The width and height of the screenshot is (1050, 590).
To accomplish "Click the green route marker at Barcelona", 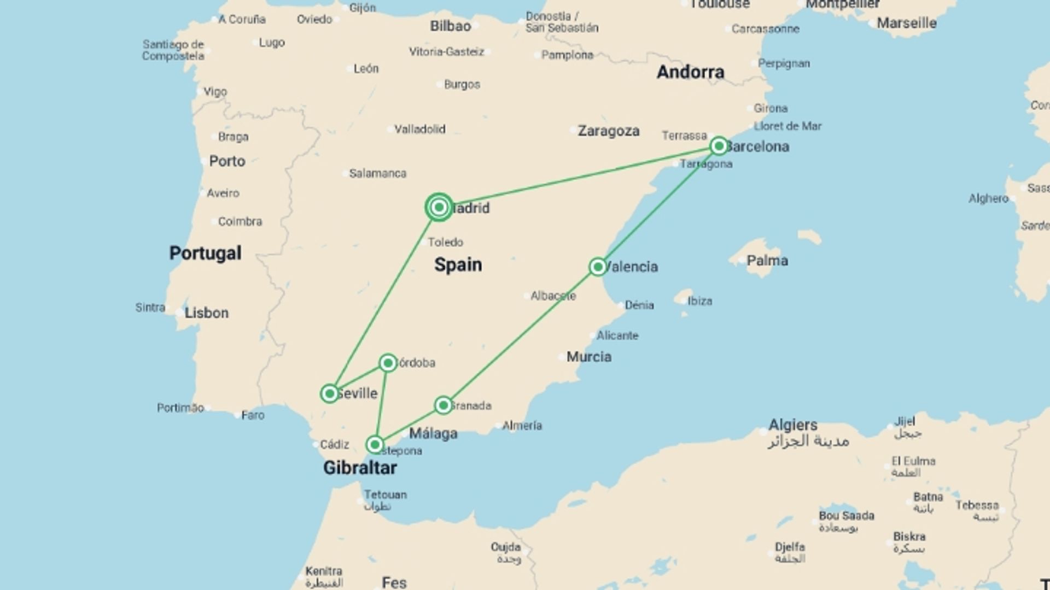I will point(719,146).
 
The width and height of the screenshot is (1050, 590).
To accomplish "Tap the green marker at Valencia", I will point(598,267).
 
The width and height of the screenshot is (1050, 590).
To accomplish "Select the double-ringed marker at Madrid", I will point(439,207).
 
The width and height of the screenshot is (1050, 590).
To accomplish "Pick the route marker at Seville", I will point(329,393).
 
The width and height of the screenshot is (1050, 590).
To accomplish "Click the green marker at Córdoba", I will point(388,363).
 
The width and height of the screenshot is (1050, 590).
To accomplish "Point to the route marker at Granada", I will point(443,405).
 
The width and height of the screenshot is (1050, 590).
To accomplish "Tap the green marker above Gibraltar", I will point(375,444).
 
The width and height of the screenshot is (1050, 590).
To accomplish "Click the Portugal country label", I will point(205,253).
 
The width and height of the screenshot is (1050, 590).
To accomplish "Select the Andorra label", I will point(690,72).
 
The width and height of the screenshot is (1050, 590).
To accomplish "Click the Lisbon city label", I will point(206,313).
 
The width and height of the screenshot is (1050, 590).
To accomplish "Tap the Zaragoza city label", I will point(609,131).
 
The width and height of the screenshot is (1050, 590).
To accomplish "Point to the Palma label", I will point(767,261).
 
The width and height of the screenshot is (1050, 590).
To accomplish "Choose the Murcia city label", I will point(588,357).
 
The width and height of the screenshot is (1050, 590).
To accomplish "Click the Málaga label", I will point(433,434).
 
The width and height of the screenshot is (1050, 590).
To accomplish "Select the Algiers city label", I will point(793,424).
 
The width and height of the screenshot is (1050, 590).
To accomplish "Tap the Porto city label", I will point(227,161).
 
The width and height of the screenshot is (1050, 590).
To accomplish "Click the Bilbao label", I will point(450,26).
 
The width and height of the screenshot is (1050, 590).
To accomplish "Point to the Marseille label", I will point(906,23).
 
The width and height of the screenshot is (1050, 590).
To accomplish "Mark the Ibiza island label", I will point(699,301).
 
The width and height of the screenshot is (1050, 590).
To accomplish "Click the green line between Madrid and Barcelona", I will point(580,176).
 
